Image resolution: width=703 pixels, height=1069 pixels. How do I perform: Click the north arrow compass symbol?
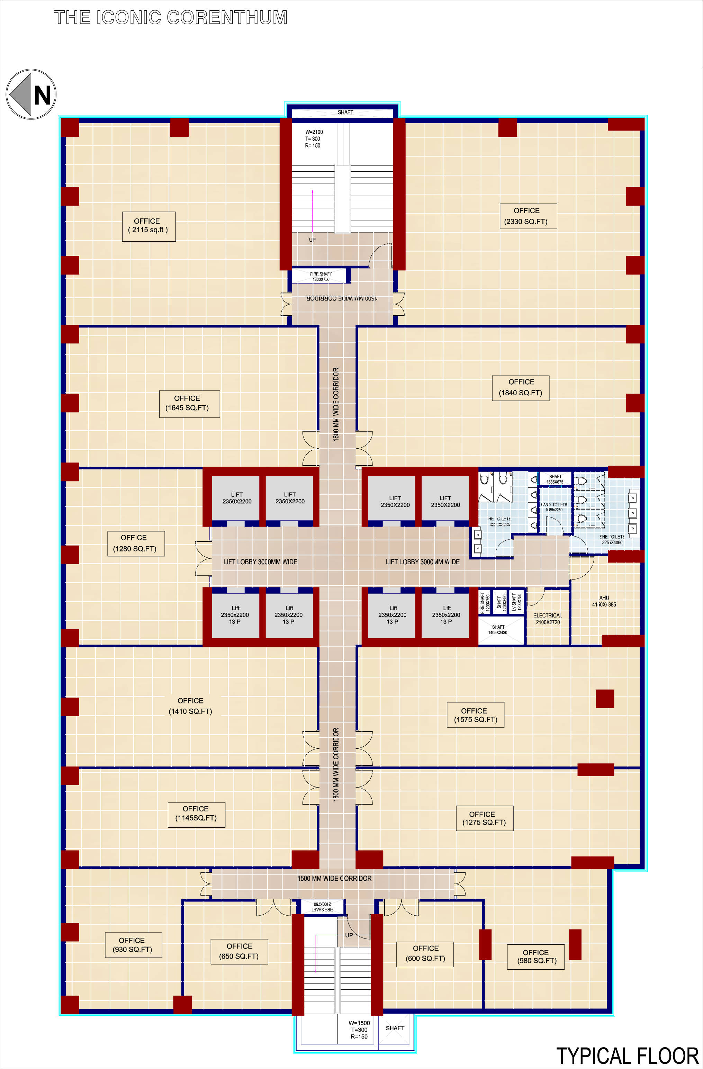click(31, 94)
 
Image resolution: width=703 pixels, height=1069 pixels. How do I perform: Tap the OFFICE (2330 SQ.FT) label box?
click(528, 216)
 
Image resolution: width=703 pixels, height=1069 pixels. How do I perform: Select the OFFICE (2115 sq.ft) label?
click(149, 226)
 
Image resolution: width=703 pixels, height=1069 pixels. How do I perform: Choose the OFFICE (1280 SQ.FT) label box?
click(136, 544)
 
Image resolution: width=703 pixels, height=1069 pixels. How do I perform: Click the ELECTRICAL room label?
click(548, 619)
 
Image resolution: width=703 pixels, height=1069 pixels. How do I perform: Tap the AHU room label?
click(604, 601)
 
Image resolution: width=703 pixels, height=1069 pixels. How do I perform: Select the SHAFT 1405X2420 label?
click(498, 629)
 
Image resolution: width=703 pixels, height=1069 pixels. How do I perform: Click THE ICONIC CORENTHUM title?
click(170, 18)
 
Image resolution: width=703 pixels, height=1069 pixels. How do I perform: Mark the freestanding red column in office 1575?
click(605, 699)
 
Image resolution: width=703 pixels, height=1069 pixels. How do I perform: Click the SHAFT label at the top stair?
click(345, 112)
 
